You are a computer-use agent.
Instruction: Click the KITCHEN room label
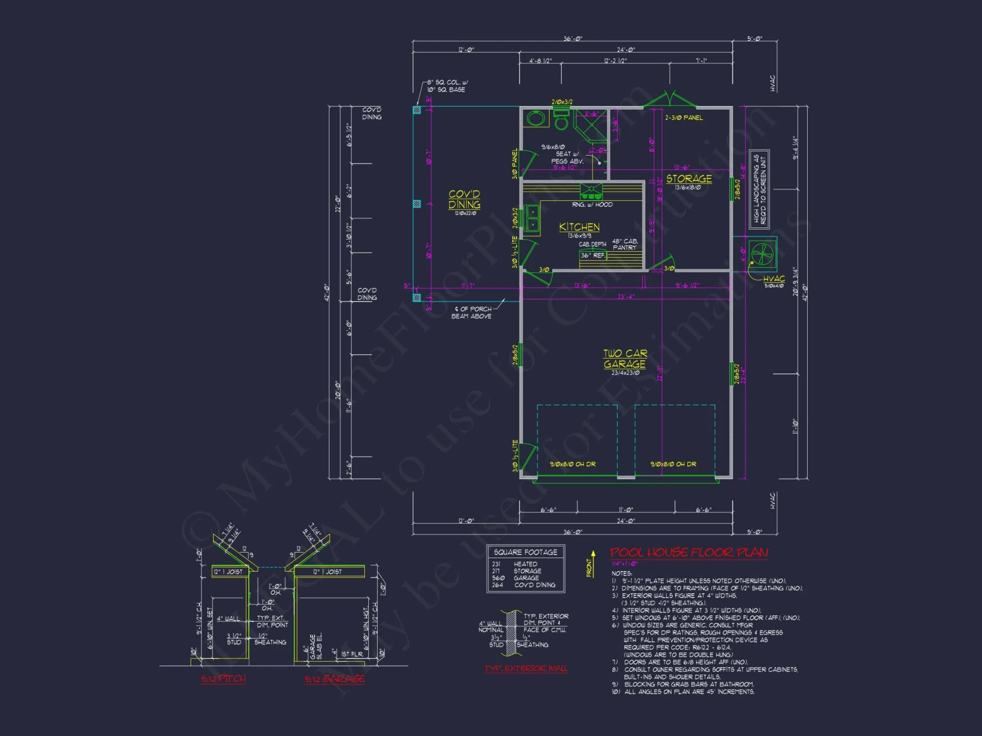579,227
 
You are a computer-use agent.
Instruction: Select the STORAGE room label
689,179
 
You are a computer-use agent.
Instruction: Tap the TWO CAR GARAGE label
625,359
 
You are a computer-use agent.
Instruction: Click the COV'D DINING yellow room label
464,199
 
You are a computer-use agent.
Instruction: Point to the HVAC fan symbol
763,254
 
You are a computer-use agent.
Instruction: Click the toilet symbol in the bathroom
561,120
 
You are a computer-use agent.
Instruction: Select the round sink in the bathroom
536,118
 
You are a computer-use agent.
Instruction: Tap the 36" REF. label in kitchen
593,256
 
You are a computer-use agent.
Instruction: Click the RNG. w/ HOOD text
592,205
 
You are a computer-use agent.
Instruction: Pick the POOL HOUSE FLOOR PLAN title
689,552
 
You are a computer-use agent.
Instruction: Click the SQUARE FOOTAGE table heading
525,552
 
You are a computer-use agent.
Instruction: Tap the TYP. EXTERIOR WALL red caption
526,668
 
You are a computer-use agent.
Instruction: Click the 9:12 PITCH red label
223,679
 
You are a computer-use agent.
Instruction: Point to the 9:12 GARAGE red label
335,679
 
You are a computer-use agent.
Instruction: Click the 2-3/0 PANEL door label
684,118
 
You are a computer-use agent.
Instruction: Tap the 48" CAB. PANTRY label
625,244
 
